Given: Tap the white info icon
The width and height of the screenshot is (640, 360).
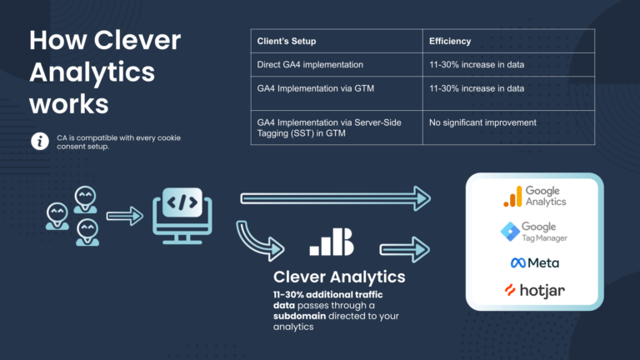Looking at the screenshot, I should click(x=39, y=142).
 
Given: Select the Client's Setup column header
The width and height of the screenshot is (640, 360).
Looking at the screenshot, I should click(x=286, y=40).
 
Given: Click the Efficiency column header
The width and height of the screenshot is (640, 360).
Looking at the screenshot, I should click(x=449, y=40).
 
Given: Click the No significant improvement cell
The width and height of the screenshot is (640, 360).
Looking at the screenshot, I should click(x=482, y=123).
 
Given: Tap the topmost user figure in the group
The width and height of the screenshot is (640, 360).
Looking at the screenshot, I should click(x=84, y=197).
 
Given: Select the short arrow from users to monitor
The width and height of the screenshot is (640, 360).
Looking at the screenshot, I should click(x=124, y=217).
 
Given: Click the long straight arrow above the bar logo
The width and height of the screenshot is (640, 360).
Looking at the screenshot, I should click(x=333, y=197).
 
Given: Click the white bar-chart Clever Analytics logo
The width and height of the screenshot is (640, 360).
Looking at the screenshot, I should click(x=331, y=242).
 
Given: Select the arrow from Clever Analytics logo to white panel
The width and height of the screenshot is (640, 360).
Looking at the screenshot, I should click(x=405, y=247).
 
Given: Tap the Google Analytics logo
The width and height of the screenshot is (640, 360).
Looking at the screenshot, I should click(x=534, y=196).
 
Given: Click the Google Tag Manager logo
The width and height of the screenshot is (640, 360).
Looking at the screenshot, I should click(x=533, y=231).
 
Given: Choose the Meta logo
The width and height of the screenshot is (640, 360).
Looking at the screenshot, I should click(x=534, y=262).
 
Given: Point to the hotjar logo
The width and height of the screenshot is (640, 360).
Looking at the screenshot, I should click(x=534, y=291).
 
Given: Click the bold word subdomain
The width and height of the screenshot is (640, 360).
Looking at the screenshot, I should click(x=299, y=317).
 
